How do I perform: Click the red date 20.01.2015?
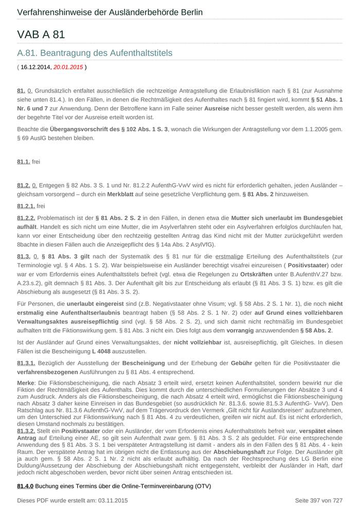coord(68,67)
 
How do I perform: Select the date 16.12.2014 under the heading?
coord(36,67)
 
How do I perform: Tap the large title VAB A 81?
coord(41,34)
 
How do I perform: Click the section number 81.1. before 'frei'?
coord(23,161)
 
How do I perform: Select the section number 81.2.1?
coord(26,206)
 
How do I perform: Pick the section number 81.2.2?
coord(26,218)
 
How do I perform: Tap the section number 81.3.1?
coord(26,363)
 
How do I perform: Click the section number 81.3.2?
coord(26,431)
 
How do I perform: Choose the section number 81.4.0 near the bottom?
coord(25,486)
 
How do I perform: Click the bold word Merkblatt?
coord(121,194)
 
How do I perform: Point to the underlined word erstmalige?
coord(229,256)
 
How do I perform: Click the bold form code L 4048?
coord(102,351)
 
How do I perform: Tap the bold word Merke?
coord(26,383)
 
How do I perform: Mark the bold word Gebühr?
coord(241,363)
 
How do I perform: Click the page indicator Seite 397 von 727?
coord(318,500)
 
